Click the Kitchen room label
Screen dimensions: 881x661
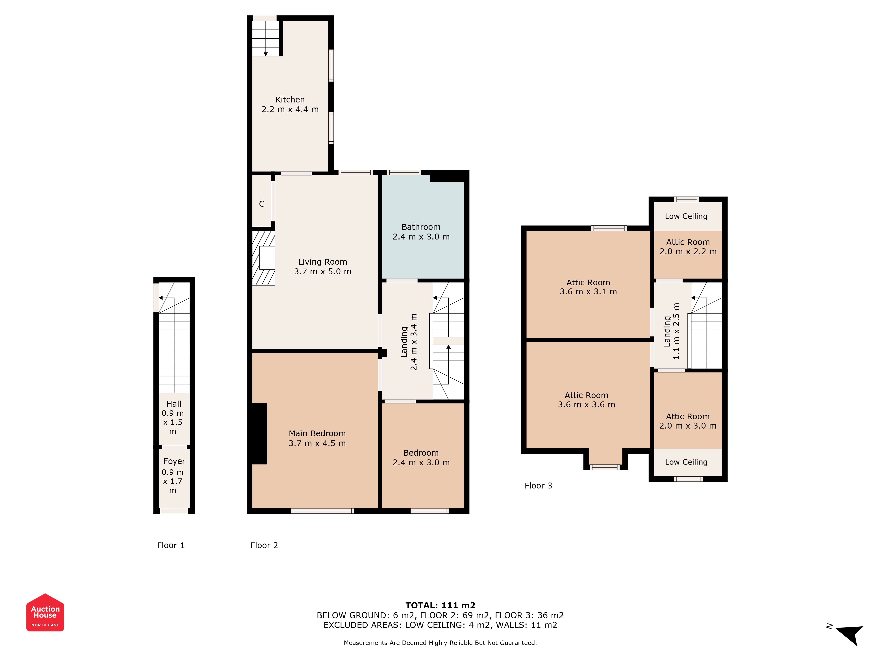tap(290, 100)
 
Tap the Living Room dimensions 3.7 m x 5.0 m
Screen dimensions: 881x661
tap(323, 271)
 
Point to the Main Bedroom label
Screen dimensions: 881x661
tap(317, 433)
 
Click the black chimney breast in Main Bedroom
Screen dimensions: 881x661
tap(259, 433)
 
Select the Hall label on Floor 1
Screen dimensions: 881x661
tap(174, 404)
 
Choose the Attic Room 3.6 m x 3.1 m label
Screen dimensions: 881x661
tap(588, 287)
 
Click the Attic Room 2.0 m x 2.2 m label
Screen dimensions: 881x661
tap(688, 247)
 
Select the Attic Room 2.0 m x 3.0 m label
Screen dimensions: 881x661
tap(688, 421)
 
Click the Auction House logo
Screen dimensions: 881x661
tap(45, 612)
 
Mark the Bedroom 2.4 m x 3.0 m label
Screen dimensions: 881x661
tap(421, 457)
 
